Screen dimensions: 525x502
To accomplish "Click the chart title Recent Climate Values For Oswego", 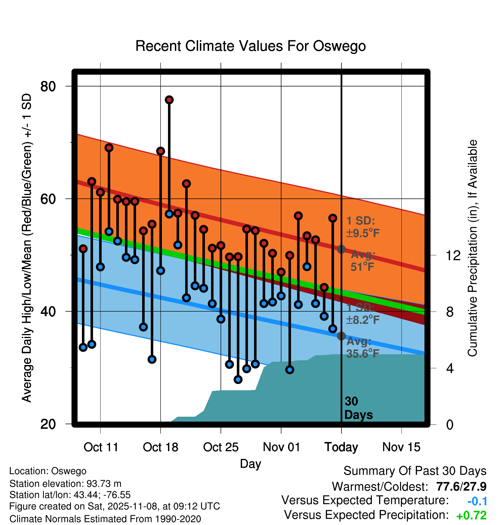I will pos(250,46).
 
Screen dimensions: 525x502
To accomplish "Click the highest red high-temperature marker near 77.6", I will pos(169,100).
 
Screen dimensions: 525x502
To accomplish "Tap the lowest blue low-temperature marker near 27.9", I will pos(238,379).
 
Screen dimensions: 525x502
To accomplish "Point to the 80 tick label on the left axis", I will pos(48,86).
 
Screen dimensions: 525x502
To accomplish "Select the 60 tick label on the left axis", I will pos(48,199).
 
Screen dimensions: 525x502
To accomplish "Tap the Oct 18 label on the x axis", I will pos(161,447).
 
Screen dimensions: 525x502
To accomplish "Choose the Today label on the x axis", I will pos(341,447).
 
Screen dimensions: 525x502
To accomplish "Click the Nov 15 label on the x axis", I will pos(401,447).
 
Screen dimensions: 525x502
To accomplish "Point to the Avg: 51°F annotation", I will pos(363,261).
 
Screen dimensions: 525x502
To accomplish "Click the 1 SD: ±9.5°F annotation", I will pos(363,227).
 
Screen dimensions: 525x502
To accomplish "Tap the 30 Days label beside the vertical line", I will pos(358,408).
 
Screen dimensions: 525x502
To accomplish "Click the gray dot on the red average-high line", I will pos(341,249).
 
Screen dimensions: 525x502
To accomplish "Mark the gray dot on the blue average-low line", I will pos(341,336).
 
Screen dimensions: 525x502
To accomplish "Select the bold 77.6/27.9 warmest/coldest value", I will pos(461,487).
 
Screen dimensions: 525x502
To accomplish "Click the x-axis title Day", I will pos(250,464).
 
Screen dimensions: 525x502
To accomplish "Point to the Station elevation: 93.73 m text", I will pos(65,484).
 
